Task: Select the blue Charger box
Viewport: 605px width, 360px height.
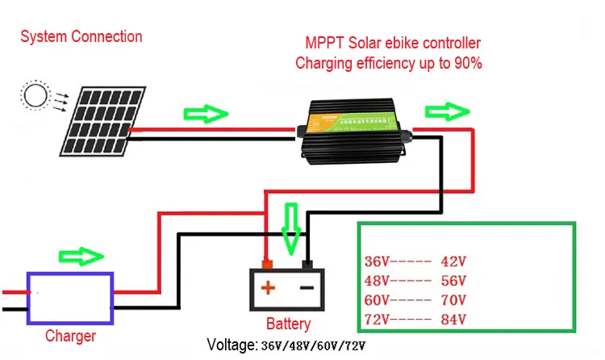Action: pyautogui.click(x=70, y=295)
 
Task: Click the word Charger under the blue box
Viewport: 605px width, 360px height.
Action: pyautogui.click(x=70, y=336)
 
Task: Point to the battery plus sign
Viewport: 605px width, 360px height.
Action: pyautogui.click(x=267, y=287)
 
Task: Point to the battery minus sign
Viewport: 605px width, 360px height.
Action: pyautogui.click(x=307, y=287)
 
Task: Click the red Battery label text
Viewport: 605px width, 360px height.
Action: pyautogui.click(x=288, y=324)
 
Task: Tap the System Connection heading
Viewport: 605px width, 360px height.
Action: pyautogui.click(x=81, y=36)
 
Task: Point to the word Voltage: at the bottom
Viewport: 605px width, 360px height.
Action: pyautogui.click(x=232, y=345)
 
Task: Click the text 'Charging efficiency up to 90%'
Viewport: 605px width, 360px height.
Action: pyautogui.click(x=389, y=62)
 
